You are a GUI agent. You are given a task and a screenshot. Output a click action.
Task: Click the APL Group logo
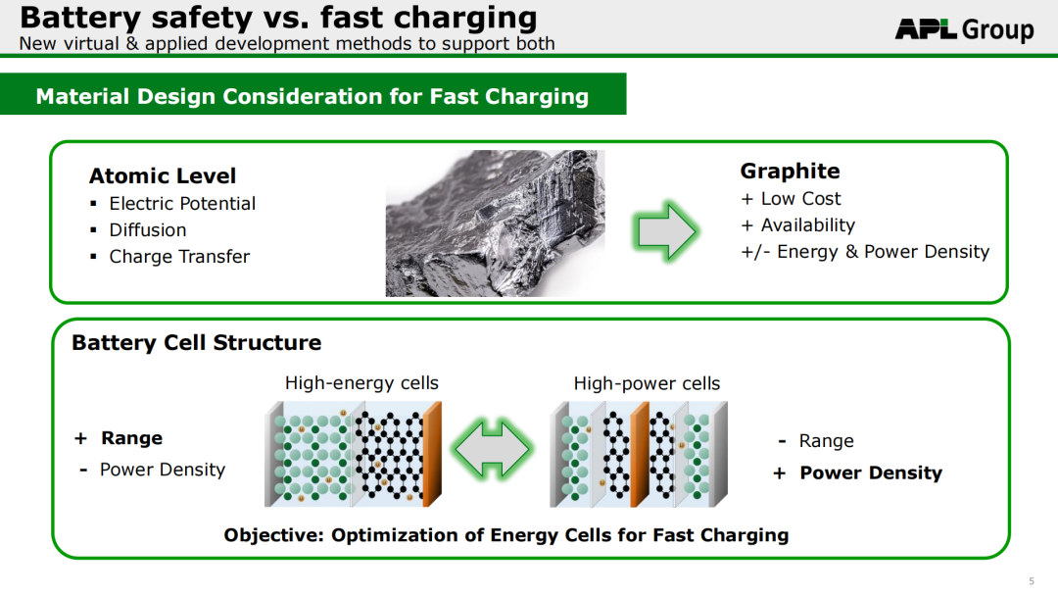(x=964, y=29)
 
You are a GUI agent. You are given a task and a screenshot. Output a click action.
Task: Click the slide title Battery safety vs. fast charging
(x=278, y=17)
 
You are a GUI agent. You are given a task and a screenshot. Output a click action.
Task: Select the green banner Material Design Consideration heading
(x=313, y=96)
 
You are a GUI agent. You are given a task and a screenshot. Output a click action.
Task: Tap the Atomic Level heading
(x=163, y=176)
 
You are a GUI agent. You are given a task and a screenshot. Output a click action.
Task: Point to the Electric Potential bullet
(x=182, y=203)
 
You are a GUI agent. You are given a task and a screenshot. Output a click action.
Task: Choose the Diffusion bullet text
(x=148, y=230)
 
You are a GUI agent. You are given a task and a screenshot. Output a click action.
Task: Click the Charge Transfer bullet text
(x=179, y=257)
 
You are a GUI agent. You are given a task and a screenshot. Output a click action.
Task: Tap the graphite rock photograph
(x=496, y=223)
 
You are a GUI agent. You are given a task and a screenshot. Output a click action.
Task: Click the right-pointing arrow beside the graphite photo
(x=664, y=230)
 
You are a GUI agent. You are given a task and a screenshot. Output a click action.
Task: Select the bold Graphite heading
(x=791, y=172)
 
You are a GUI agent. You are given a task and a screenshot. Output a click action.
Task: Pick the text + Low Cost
(x=791, y=198)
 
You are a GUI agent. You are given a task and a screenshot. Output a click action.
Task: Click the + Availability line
(x=798, y=224)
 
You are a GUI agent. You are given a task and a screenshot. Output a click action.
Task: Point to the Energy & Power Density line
(x=865, y=252)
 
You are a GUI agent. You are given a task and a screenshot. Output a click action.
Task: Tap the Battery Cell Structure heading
(x=196, y=343)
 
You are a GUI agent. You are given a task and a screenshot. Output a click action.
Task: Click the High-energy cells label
(x=361, y=383)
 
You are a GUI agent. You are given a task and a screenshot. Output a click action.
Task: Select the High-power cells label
(x=648, y=383)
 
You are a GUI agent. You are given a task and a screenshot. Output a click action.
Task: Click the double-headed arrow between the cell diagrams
(x=493, y=450)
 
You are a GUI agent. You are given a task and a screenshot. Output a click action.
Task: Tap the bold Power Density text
(x=871, y=473)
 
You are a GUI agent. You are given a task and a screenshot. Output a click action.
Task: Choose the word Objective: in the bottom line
(x=274, y=535)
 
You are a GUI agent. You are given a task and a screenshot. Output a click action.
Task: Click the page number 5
(x=1031, y=581)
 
